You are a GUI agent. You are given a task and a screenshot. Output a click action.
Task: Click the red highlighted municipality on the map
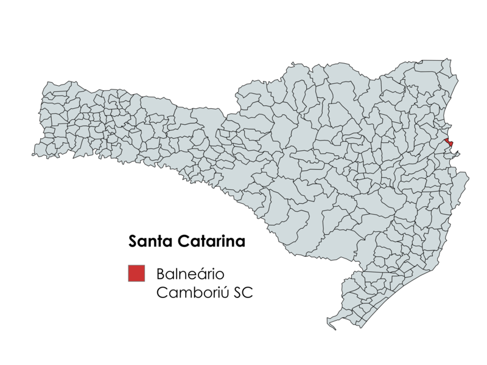click(x=449, y=142)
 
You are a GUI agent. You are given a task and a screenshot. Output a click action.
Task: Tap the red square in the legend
click(x=136, y=273)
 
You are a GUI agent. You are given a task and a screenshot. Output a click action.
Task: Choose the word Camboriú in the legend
click(x=190, y=292)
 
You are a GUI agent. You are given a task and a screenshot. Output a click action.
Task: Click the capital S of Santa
click(x=133, y=242)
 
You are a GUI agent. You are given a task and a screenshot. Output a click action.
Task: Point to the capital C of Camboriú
click(x=162, y=292)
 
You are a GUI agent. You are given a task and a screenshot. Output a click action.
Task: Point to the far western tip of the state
click(x=33, y=154)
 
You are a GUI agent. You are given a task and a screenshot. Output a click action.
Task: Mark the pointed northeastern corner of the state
click(x=449, y=60)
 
